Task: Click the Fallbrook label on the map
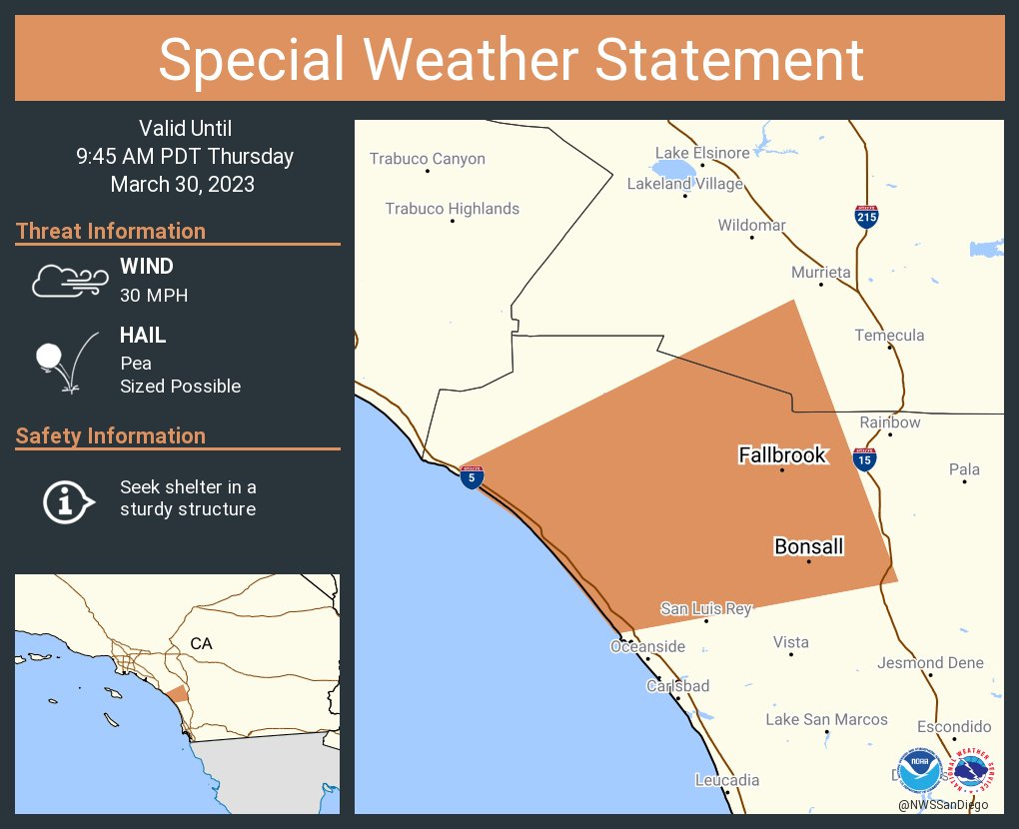(782, 455)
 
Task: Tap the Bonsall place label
(808, 546)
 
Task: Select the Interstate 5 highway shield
(473, 476)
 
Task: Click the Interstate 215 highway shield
(866, 216)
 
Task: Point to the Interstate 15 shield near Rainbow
(865, 458)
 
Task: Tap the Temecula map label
(889, 336)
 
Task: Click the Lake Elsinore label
(701, 153)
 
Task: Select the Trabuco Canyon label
(427, 159)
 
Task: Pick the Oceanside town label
(647, 646)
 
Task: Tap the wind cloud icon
(69, 282)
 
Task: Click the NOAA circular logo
(919, 771)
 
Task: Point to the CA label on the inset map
(201, 644)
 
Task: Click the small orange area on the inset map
(176, 694)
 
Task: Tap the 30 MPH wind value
(154, 295)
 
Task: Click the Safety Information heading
(111, 435)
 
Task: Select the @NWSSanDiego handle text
(942, 805)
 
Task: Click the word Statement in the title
(729, 59)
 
